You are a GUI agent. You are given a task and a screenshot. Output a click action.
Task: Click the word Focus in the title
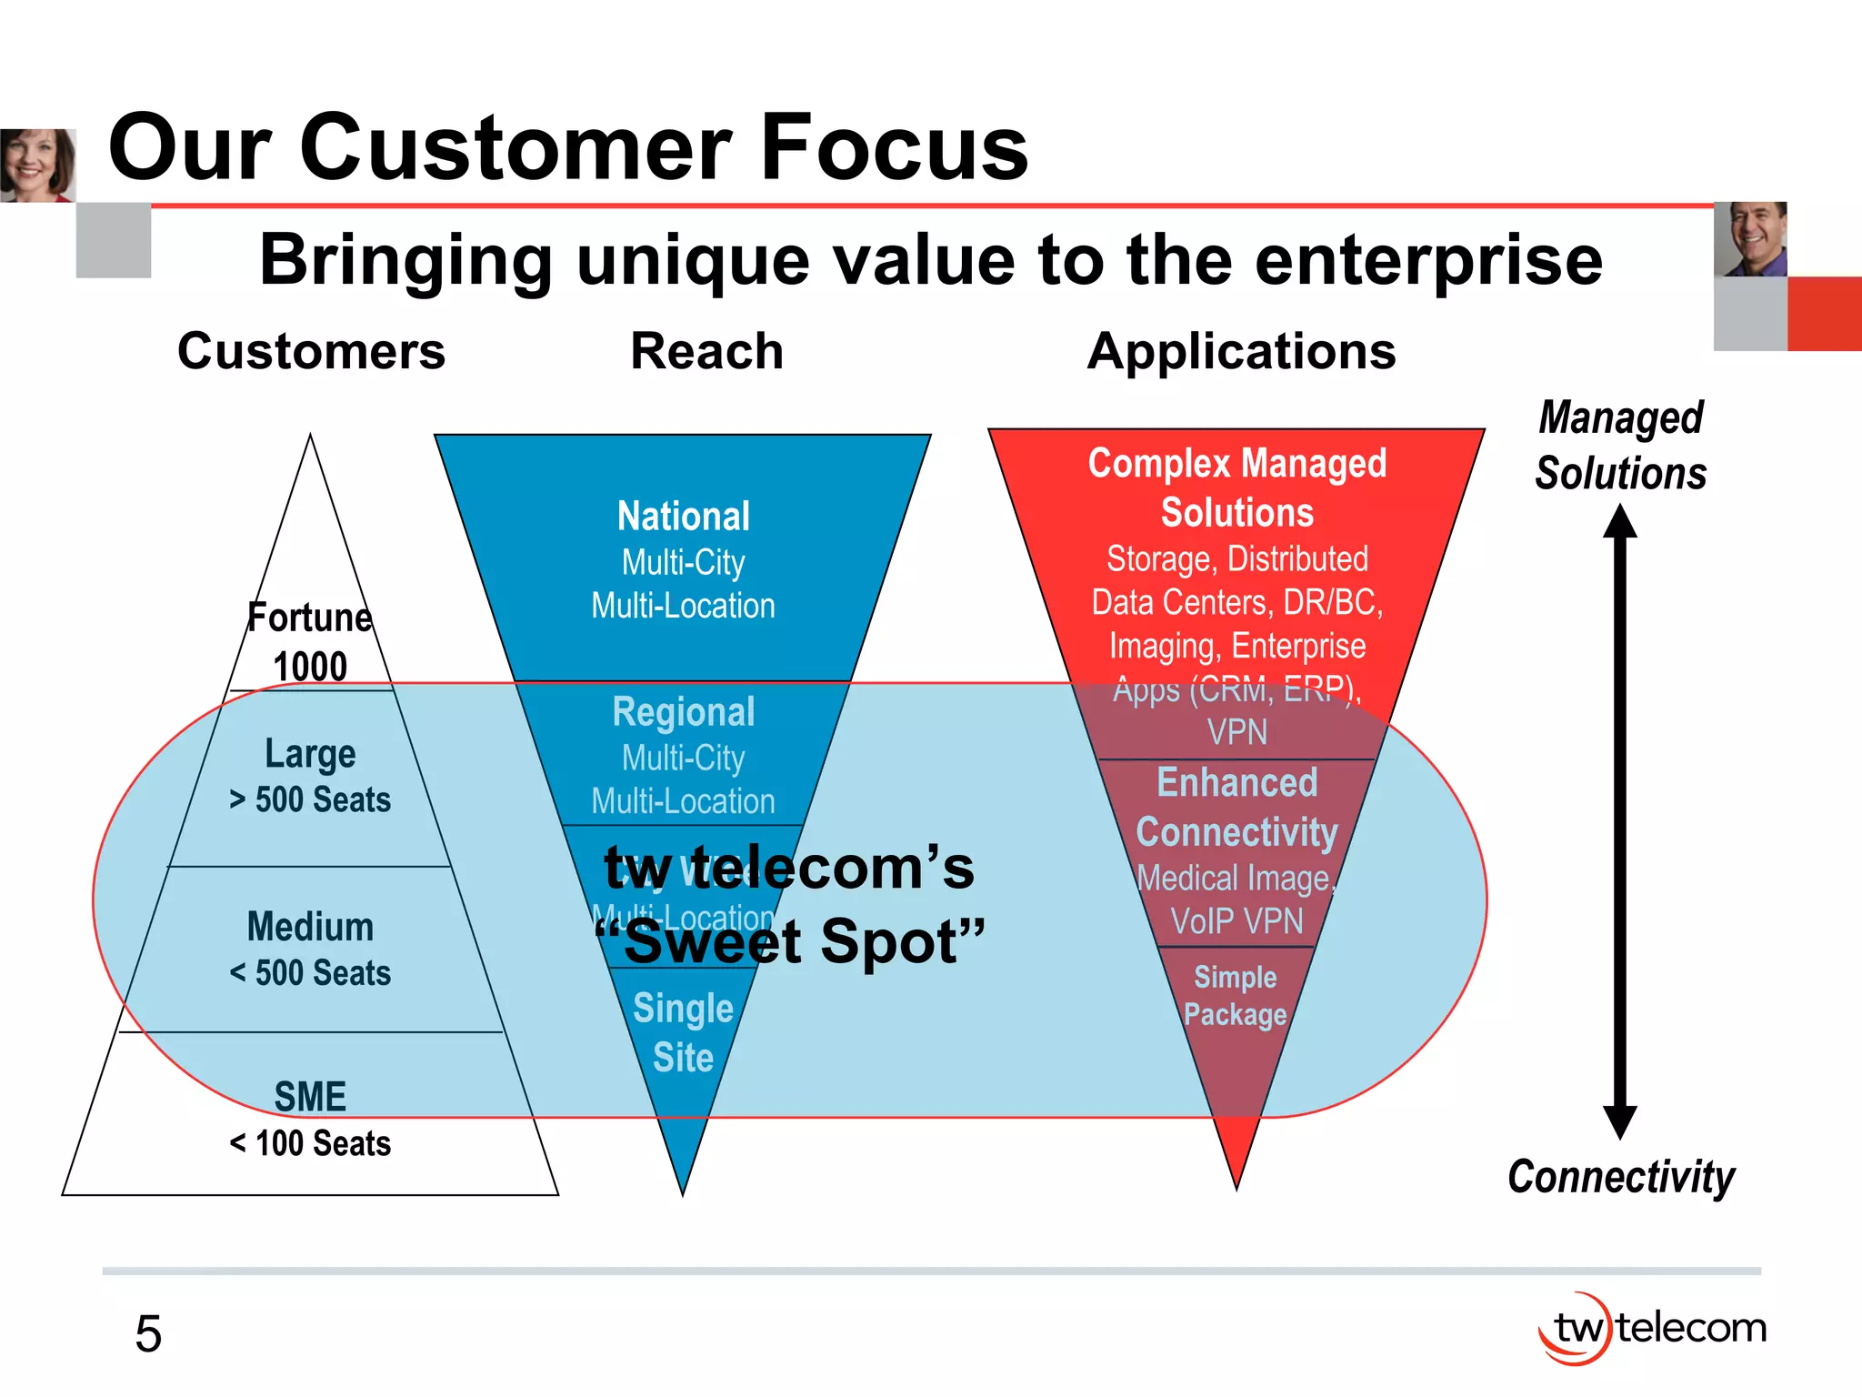pos(894,147)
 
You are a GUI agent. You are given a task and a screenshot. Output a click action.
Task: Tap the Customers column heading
pos(311,351)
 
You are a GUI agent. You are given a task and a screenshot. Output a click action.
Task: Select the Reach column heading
pos(706,351)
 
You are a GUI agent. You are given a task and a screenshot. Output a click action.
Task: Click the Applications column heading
pos(1241,351)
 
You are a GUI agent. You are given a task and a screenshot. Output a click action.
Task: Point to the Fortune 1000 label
pos(310,641)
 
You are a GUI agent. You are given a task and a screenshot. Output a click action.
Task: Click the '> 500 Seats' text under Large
pos(310,799)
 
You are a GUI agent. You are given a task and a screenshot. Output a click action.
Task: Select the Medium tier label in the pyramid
pos(310,927)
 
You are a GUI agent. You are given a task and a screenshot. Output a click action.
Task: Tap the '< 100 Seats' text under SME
pos(310,1143)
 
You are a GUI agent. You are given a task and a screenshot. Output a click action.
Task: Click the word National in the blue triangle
pos(684,516)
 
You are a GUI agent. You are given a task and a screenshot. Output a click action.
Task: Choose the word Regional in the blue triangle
pos(684,711)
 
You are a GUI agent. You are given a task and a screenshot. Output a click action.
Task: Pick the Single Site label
pos(683,1032)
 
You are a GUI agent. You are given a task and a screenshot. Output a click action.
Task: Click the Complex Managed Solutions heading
pos(1236,487)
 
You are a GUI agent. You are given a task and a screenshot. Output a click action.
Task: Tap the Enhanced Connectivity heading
pos(1236,807)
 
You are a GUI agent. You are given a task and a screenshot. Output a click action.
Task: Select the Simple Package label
pos(1235,995)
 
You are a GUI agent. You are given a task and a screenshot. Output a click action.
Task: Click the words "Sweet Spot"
pos(789,942)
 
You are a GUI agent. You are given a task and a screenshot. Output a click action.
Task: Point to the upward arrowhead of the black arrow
pos(1619,521)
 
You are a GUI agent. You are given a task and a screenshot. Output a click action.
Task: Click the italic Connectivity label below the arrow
pos(1620,1177)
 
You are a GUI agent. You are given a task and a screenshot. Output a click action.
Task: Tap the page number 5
pos(148,1334)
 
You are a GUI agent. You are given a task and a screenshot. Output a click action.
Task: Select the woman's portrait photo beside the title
pos(37,165)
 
